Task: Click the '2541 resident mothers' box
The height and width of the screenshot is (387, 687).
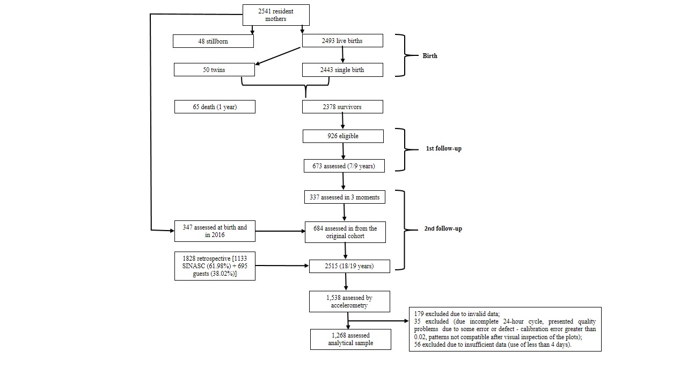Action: [x=276, y=15]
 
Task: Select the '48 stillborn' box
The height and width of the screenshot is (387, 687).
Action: [x=213, y=41]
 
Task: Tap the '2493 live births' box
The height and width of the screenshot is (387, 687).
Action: [x=342, y=40]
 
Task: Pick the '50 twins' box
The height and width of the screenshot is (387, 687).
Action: [x=214, y=70]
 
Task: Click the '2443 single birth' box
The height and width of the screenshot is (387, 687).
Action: [x=342, y=70]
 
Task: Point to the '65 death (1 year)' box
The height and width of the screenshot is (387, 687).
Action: [x=215, y=107]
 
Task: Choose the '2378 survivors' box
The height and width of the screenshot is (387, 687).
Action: [x=342, y=107]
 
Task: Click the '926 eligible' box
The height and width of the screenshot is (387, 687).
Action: [x=343, y=136]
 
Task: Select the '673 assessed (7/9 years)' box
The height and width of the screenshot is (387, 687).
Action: [x=344, y=166]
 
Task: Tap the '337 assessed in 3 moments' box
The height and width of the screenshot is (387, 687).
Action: [x=345, y=197]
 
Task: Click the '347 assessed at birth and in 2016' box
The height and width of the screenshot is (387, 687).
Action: [x=215, y=231]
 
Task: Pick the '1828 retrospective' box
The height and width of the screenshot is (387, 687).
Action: [x=215, y=266]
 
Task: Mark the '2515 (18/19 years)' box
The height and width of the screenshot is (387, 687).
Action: [x=349, y=266]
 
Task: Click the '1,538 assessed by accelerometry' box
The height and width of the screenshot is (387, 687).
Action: [x=349, y=302]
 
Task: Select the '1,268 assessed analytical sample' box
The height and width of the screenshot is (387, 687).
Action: [x=350, y=339]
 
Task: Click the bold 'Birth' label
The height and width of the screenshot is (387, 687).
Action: [x=430, y=56]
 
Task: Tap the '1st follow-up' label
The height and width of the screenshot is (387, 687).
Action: [x=443, y=148]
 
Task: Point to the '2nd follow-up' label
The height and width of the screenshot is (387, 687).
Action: [x=443, y=228]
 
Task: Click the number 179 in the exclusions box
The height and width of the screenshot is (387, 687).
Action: [x=419, y=314]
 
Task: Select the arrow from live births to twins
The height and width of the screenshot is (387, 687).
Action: [x=278, y=56]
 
